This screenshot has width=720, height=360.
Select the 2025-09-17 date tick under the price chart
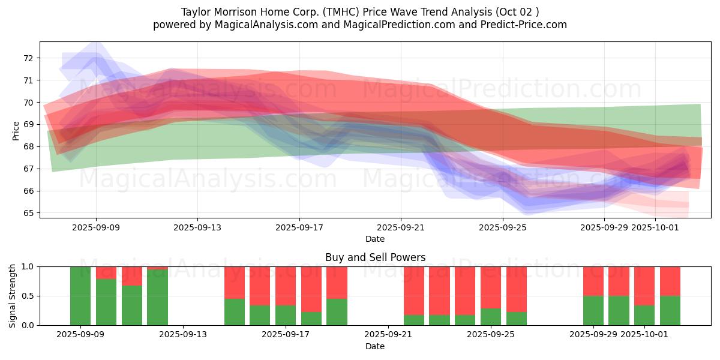299,228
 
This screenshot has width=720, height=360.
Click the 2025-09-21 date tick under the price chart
401,228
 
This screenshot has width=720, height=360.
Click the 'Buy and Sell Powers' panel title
375,257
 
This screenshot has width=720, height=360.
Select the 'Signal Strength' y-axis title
13,296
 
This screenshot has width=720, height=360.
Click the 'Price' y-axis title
16,130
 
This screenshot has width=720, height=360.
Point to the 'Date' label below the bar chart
375,346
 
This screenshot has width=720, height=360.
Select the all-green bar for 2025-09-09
80,296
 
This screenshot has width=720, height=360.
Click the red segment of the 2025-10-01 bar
644,286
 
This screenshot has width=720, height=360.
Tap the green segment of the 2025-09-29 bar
593,310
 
